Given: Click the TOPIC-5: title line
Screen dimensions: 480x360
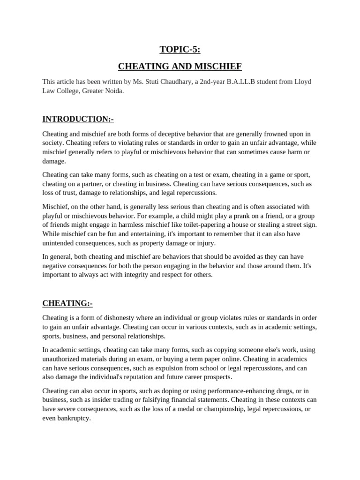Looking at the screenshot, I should [180, 49].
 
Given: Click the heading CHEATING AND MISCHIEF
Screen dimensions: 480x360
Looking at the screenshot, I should [180, 67].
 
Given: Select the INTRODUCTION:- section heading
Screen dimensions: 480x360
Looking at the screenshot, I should [78, 119].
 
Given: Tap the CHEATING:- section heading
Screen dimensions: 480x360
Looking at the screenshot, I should [67, 303].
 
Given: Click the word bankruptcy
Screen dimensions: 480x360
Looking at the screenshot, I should [73, 418].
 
